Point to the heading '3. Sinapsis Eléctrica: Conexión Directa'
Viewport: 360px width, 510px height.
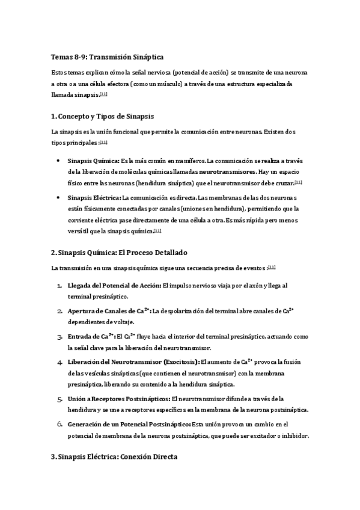[114, 457]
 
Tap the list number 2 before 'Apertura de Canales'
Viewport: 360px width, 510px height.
[59, 312]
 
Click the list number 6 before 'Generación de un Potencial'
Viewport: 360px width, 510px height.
[59, 425]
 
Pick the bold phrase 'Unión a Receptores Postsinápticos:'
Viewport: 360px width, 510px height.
[119, 399]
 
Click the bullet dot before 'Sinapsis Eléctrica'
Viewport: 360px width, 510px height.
[56, 198]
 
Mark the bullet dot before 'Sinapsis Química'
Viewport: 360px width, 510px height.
[56, 161]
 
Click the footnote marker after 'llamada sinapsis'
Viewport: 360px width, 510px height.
[103, 94]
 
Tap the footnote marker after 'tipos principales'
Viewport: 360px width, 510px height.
[103, 142]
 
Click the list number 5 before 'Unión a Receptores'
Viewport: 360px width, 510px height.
[59, 399]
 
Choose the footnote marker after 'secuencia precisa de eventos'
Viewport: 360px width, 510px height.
[272, 267]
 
